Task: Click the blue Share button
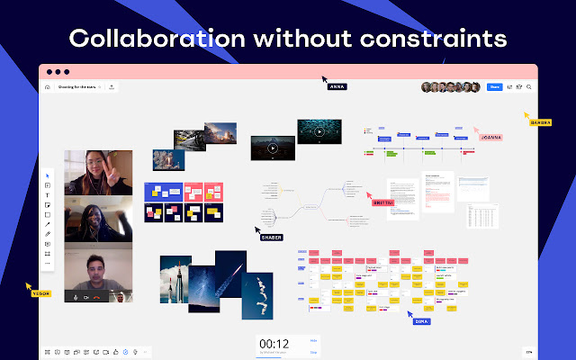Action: click(494, 87)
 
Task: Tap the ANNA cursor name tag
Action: click(337, 86)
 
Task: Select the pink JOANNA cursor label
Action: click(490, 138)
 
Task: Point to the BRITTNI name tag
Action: click(383, 202)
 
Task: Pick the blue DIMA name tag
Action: click(420, 320)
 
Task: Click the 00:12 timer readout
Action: click(274, 344)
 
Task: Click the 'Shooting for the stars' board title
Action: click(78, 87)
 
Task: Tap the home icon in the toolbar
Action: click(48, 87)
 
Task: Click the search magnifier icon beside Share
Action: click(529, 87)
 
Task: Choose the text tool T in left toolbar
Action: click(47, 195)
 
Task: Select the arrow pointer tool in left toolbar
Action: click(47, 175)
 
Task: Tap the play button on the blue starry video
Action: click(318, 131)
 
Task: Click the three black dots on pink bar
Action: click(58, 72)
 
